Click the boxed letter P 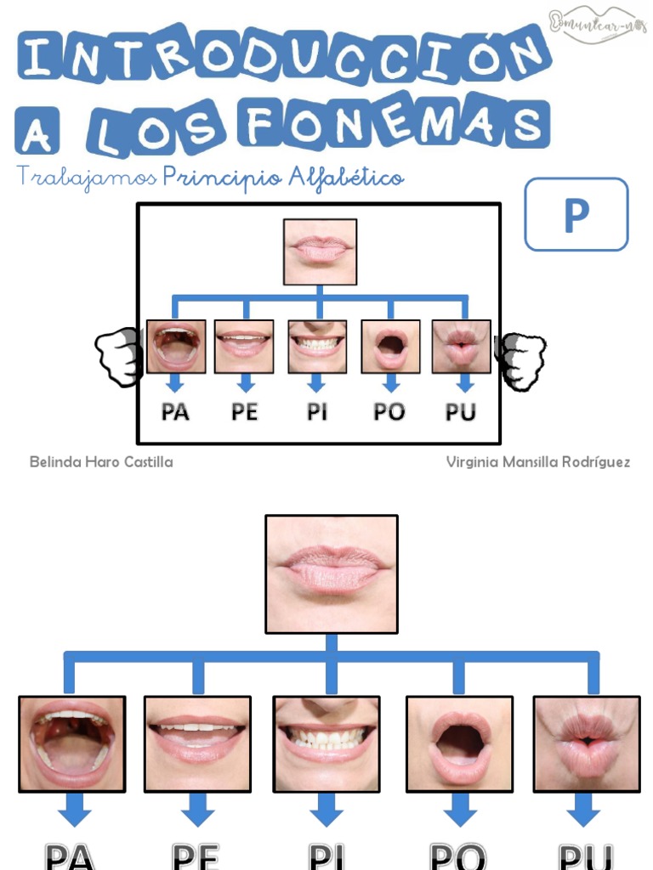coord(576,214)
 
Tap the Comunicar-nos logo coord(597,24)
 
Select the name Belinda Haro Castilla coord(101,462)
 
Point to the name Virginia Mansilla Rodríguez coord(538,462)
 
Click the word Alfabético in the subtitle coord(346,178)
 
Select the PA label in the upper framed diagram coord(175,413)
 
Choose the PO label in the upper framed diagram coord(389,413)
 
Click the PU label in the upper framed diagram coord(461,413)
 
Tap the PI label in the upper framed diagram coord(317,413)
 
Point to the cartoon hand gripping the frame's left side coord(117,357)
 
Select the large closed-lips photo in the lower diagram coord(332,573)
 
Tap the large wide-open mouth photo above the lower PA coord(72,744)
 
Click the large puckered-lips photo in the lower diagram coord(587,744)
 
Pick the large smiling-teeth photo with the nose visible coord(326,744)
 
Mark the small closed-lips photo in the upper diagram coord(320,251)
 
